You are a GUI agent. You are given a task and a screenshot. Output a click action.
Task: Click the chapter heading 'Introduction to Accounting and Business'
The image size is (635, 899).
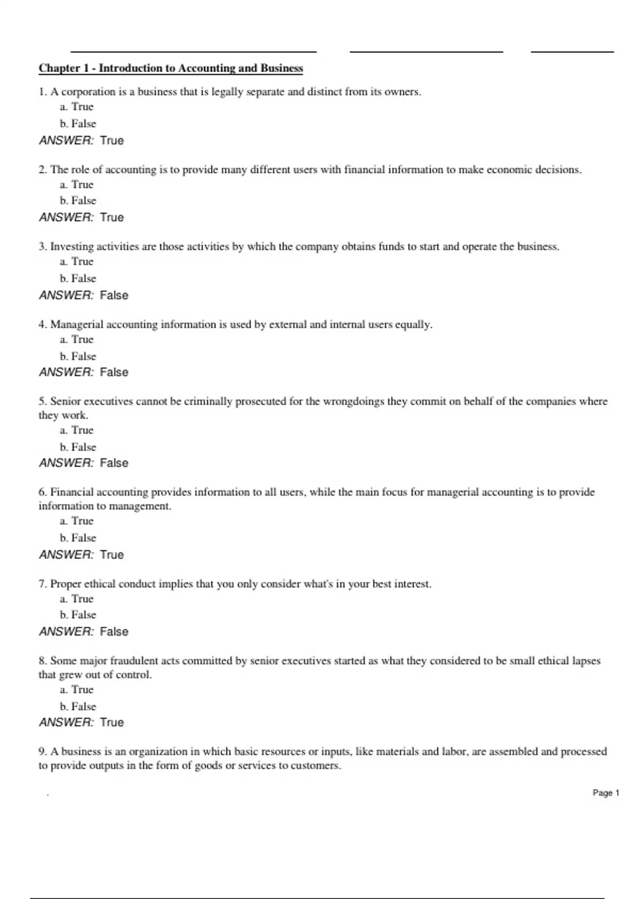point(170,68)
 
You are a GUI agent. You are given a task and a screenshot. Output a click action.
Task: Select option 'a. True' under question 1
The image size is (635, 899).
point(77,107)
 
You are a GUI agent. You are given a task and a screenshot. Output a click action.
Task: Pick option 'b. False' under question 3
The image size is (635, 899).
point(78,278)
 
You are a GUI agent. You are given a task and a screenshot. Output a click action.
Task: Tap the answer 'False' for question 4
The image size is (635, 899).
point(114,372)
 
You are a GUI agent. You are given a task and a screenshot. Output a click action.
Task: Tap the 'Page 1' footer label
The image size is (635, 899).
point(605,793)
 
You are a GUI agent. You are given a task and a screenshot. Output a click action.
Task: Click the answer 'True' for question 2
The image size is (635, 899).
point(112,217)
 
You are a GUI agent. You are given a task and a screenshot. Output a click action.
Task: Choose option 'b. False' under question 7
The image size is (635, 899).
point(78,614)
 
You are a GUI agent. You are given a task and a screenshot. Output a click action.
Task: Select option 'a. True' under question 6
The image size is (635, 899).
point(77,521)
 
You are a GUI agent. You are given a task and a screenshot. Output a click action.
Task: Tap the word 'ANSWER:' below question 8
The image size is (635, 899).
point(66,722)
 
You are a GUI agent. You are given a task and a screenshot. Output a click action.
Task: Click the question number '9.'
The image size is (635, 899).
point(43,751)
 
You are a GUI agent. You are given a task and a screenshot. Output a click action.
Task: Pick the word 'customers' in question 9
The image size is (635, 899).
point(315,766)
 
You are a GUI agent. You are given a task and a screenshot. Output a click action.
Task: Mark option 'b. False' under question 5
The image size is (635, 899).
point(78,447)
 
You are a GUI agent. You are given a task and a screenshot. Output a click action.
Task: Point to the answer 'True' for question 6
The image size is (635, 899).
point(112,555)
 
